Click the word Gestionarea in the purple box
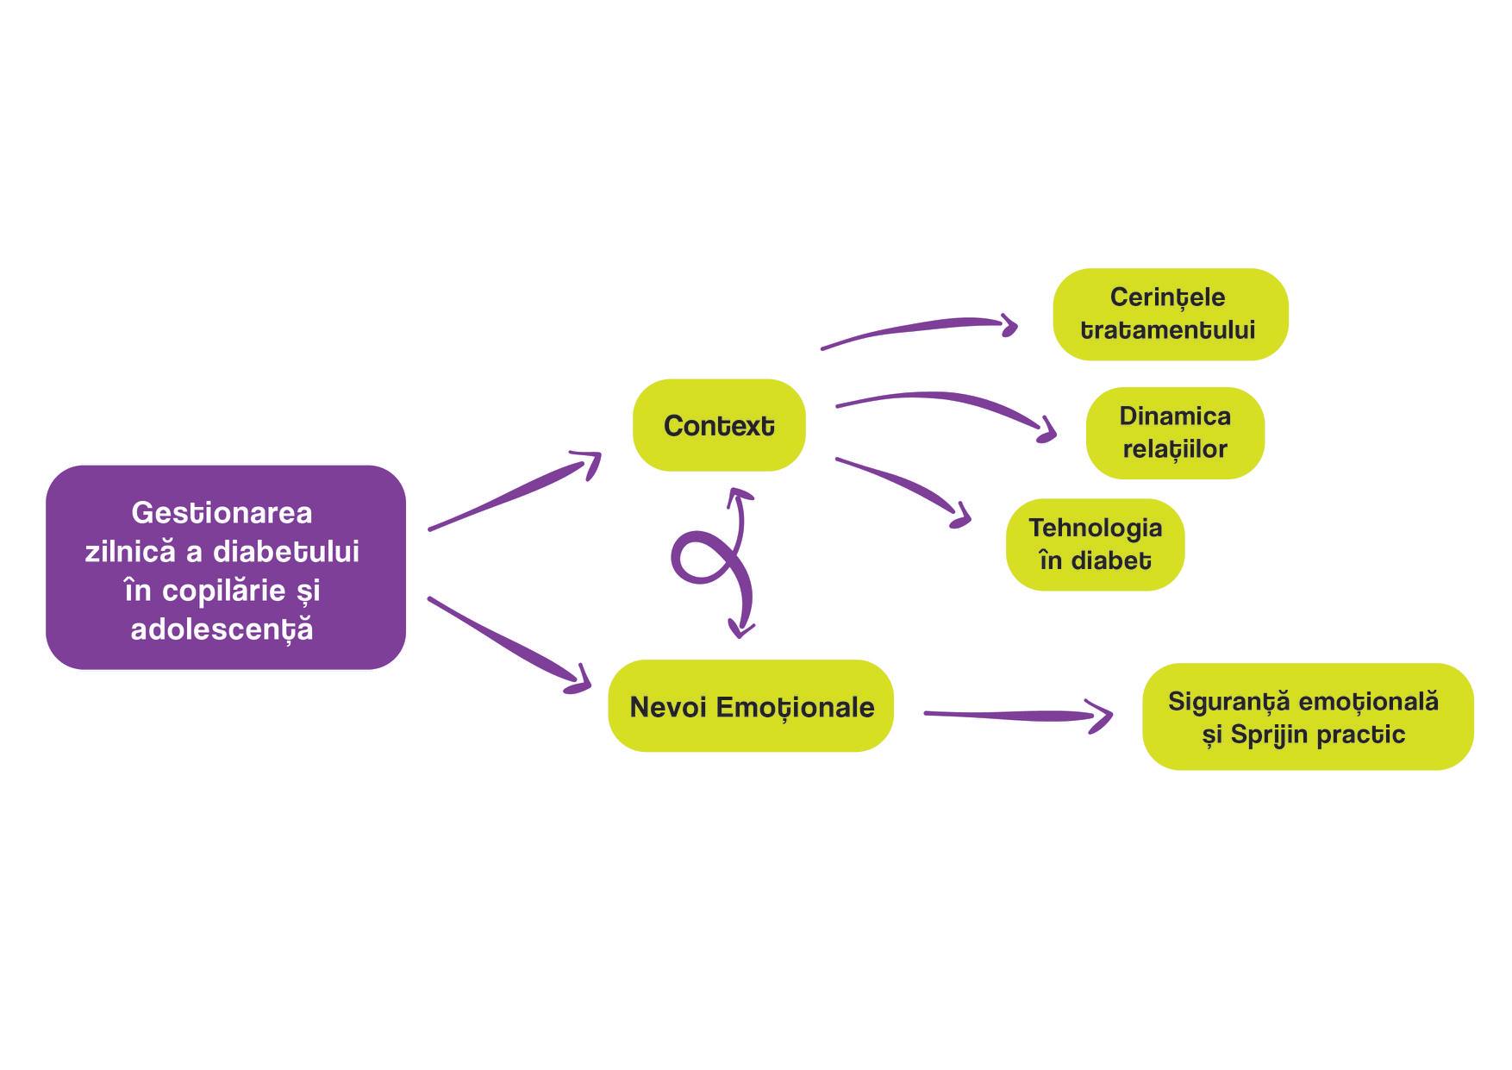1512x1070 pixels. click(222, 513)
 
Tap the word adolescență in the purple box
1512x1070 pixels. click(222, 629)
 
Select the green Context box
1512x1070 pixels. click(719, 425)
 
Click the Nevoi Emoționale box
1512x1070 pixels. click(751, 706)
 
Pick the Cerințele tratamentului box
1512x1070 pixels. click(1170, 314)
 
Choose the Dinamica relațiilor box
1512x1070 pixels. click(1175, 433)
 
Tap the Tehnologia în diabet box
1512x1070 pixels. click(1095, 544)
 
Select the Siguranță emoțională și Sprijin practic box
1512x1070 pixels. click(1308, 716)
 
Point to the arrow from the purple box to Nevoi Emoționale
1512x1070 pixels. click(509, 645)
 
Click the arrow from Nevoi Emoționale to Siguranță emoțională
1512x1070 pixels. click(1017, 716)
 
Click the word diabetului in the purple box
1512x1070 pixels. click(285, 552)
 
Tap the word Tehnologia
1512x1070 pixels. click(1095, 528)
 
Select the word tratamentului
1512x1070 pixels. click(1167, 330)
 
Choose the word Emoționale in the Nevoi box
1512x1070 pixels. click(795, 708)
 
